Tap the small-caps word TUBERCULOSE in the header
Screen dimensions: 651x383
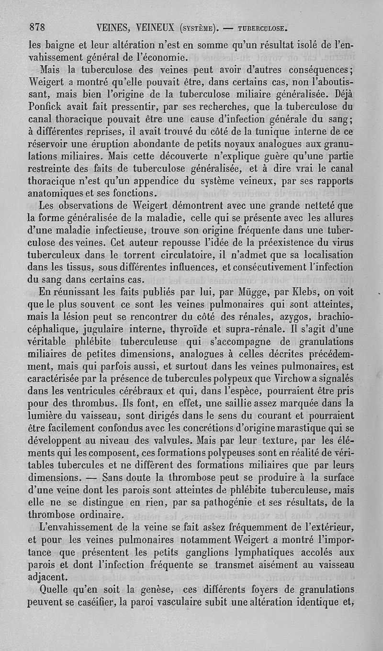pos(260,27)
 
